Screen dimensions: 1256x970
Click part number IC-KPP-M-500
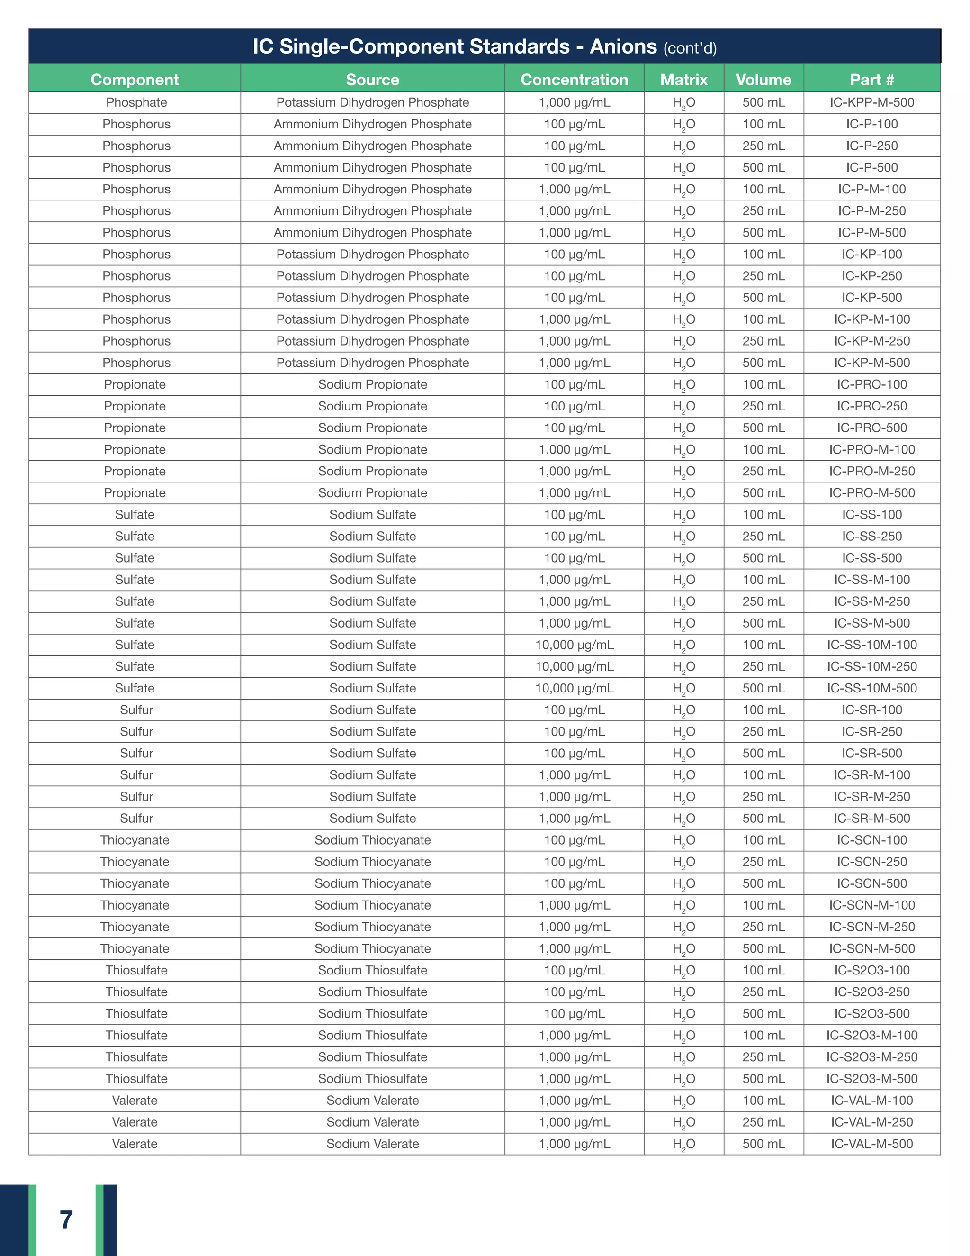872,102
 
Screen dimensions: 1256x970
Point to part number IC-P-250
872,146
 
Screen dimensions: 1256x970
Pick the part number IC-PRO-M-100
872,449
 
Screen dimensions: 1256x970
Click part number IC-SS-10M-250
872,666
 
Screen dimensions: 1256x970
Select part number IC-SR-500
872,754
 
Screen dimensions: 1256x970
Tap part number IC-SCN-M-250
872,927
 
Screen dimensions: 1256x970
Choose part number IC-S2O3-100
872,970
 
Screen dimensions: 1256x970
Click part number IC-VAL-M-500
872,1144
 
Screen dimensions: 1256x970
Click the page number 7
66,1220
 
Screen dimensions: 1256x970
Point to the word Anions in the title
623,46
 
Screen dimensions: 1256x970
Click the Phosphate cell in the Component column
136,102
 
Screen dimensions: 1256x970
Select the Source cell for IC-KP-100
372,254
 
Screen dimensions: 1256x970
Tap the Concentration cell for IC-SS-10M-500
574,688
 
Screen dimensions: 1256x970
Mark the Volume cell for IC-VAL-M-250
763,1122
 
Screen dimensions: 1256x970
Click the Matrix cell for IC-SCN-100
684,840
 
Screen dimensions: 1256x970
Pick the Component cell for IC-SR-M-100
136,775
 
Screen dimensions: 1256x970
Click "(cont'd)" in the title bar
690,48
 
